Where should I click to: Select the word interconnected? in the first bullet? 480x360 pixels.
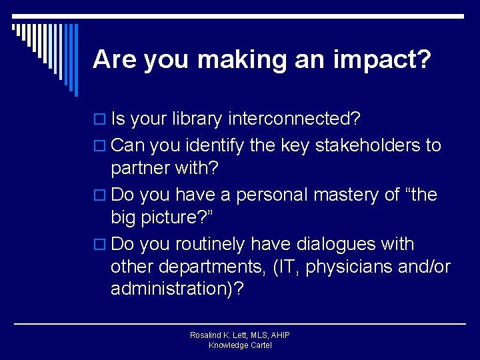pyautogui.click(x=294, y=119)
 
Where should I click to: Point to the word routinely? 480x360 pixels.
pyautogui.click(x=204, y=244)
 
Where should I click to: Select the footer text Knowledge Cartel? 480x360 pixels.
pyautogui.click(x=240, y=345)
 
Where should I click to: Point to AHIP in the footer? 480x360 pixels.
pyautogui.click(x=279, y=335)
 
